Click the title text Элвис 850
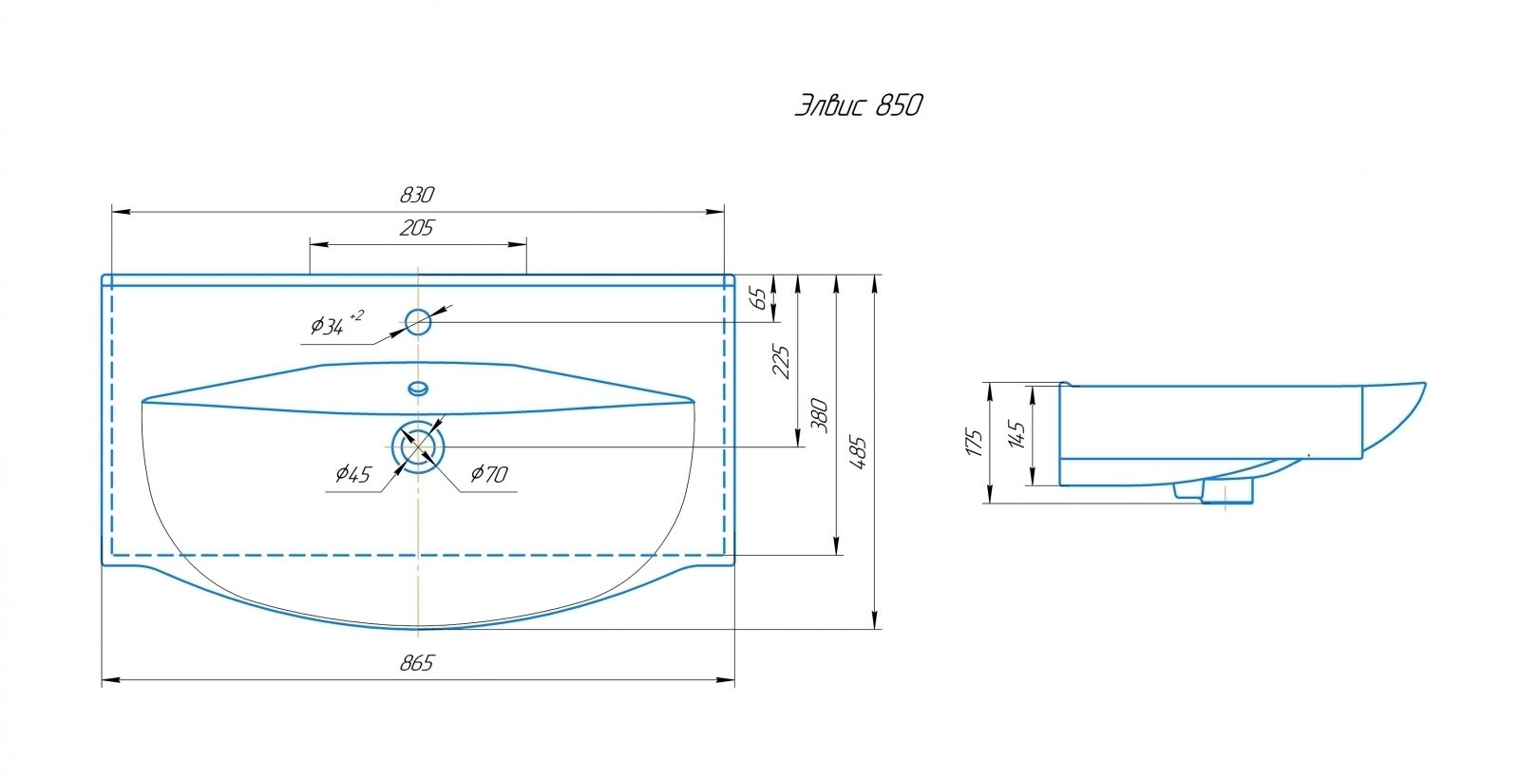(x=859, y=105)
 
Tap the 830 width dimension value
(x=417, y=196)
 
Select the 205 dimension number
(x=417, y=228)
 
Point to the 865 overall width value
(x=417, y=663)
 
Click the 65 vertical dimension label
(x=761, y=298)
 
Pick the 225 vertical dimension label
(x=782, y=362)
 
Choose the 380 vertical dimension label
(x=820, y=415)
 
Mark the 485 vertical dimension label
(x=858, y=452)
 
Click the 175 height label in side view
(x=975, y=443)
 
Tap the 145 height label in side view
(x=1016, y=434)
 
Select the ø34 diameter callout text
(x=336, y=324)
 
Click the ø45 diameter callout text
(x=352, y=474)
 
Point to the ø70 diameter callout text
(x=488, y=474)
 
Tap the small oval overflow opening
(x=418, y=389)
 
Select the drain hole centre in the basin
(x=418, y=446)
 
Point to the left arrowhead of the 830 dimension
(x=121, y=212)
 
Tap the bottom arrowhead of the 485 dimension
(x=875, y=619)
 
